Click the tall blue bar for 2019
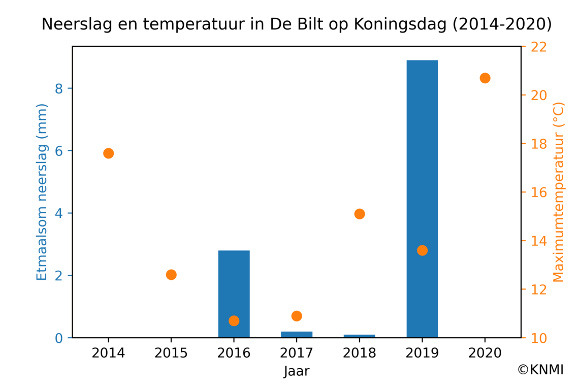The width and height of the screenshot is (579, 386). click(x=422, y=152)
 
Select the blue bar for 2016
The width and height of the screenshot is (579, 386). click(x=234, y=284)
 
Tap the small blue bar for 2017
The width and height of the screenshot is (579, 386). click(x=297, y=334)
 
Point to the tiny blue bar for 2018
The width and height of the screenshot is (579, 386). click(x=360, y=336)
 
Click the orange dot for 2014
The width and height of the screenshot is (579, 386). click(x=108, y=153)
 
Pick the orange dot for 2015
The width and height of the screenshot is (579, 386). click(x=171, y=275)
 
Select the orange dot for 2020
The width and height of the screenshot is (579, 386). click(x=485, y=78)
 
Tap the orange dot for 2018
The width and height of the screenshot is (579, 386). click(x=360, y=214)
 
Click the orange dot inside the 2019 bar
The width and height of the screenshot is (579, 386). click(x=422, y=250)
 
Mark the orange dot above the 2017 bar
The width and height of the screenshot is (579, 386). click(x=297, y=316)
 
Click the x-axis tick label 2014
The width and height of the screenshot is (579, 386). click(x=108, y=353)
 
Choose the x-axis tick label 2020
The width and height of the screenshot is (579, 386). click(x=485, y=353)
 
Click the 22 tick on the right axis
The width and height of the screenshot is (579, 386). click(x=538, y=47)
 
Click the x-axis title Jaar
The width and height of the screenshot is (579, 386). click(x=297, y=371)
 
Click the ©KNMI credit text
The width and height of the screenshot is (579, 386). click(x=540, y=370)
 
